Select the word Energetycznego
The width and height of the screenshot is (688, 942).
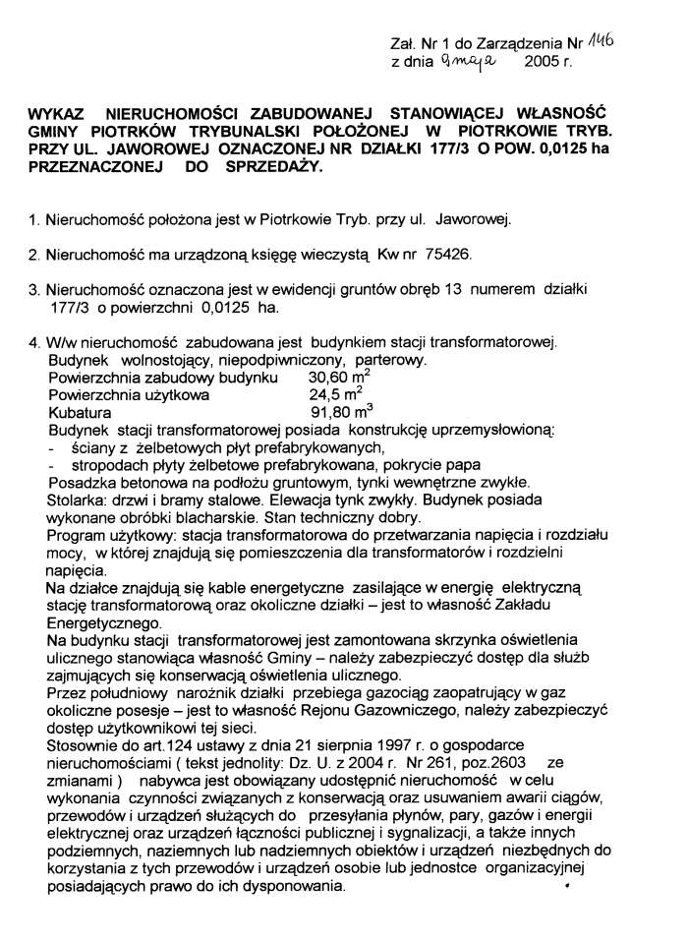(x=104, y=623)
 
